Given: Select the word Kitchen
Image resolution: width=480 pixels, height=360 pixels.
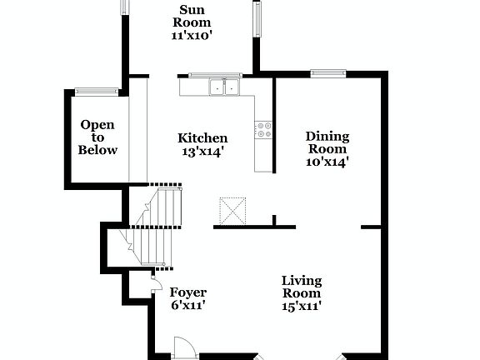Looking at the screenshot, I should tap(202, 137).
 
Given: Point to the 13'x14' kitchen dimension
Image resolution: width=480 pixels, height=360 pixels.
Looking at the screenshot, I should tap(202, 152).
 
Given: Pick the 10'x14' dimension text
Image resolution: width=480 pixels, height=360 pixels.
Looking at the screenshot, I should tap(327, 162).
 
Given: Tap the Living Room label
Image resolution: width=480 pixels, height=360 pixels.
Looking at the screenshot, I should tap(301, 287).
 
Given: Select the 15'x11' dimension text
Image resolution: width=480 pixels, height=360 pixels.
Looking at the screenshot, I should tap(301, 306).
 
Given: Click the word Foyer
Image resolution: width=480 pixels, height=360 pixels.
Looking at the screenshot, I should tap(187, 292).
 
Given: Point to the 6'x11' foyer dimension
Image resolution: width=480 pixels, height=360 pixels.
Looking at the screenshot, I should tap(187, 306).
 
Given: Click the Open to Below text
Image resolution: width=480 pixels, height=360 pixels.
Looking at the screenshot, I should tap(97, 137).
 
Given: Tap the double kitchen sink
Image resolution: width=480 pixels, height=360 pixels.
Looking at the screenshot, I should tap(224, 86).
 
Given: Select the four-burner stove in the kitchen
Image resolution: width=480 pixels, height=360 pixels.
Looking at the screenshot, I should tap(264, 130).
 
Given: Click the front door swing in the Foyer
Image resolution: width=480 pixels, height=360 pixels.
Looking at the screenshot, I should tap(182, 349).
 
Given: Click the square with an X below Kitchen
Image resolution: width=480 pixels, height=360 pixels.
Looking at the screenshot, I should tap(231, 208).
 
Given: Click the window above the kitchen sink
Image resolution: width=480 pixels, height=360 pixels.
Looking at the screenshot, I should tap(213, 75).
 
